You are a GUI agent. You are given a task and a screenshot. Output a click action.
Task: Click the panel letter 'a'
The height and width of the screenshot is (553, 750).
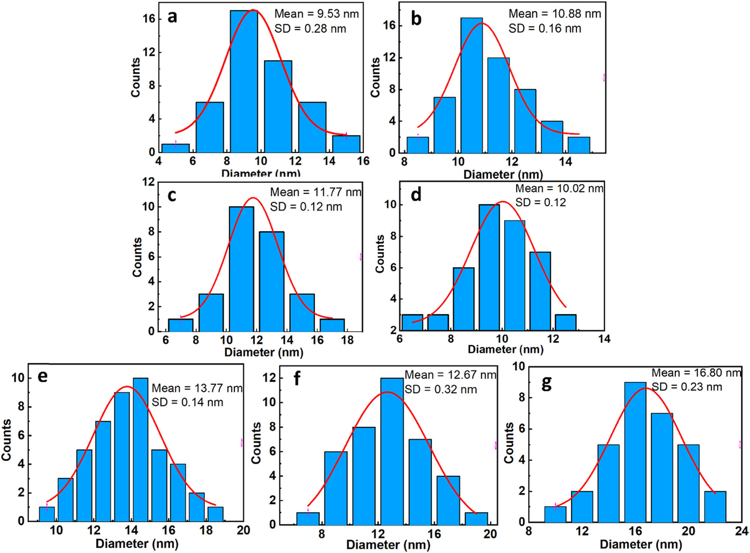click(172, 17)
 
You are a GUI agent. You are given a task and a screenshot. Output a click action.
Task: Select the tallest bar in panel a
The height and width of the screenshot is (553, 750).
click(244, 81)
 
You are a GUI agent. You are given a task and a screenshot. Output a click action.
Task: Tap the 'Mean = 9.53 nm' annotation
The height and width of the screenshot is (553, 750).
click(316, 14)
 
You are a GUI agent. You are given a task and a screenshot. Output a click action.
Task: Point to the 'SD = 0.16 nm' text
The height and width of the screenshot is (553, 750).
click(544, 28)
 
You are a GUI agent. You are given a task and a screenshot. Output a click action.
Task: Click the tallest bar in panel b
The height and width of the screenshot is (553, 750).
click(471, 85)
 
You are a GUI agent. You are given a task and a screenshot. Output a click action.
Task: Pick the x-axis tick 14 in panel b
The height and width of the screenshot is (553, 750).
click(565, 162)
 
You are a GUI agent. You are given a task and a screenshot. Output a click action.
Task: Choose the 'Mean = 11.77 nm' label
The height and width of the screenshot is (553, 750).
click(315, 192)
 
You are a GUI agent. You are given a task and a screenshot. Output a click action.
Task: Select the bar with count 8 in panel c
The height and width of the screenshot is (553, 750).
click(271, 281)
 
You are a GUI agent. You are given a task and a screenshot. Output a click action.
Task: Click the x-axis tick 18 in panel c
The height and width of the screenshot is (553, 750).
click(348, 340)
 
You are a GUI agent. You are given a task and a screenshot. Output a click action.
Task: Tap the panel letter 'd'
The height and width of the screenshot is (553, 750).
click(416, 195)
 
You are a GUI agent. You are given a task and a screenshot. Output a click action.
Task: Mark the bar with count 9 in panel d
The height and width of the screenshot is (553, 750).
click(514, 275)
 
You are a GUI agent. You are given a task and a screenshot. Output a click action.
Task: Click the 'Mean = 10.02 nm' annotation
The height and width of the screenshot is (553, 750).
click(559, 188)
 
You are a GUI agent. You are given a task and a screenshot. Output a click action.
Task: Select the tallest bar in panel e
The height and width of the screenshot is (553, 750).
click(141, 450)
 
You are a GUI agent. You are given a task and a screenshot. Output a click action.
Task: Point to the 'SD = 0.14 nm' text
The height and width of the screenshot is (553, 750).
click(187, 402)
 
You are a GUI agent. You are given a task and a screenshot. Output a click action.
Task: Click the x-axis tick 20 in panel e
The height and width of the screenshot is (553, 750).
click(243, 531)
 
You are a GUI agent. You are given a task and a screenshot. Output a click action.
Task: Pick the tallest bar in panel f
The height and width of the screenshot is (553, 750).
click(392, 451)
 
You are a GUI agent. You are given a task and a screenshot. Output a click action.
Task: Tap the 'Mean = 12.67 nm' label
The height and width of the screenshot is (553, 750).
click(450, 375)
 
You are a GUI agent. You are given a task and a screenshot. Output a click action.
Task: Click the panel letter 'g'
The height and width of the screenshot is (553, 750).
click(546, 383)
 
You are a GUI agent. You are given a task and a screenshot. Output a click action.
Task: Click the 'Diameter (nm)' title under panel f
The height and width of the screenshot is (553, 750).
click(388, 545)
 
